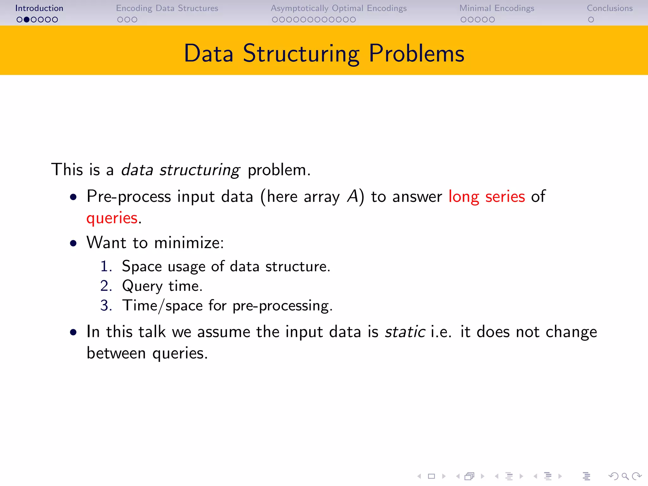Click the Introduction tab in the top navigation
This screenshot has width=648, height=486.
39,8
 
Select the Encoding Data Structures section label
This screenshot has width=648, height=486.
167,8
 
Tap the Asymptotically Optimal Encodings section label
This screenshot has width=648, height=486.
339,8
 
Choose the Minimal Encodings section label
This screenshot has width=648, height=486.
497,8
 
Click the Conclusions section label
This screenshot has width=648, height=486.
610,8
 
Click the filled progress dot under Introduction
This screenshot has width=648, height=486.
27,20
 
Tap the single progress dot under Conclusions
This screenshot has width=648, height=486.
591,20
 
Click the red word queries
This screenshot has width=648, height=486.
112,218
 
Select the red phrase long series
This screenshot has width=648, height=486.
487,196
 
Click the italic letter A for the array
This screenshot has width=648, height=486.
352,196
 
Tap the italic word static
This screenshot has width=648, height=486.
405,332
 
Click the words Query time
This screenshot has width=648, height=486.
162,286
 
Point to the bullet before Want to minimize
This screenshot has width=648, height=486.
73,243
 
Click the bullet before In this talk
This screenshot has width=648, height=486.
73,332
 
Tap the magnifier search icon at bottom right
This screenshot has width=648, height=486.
625,476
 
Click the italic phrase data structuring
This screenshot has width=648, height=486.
181,170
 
